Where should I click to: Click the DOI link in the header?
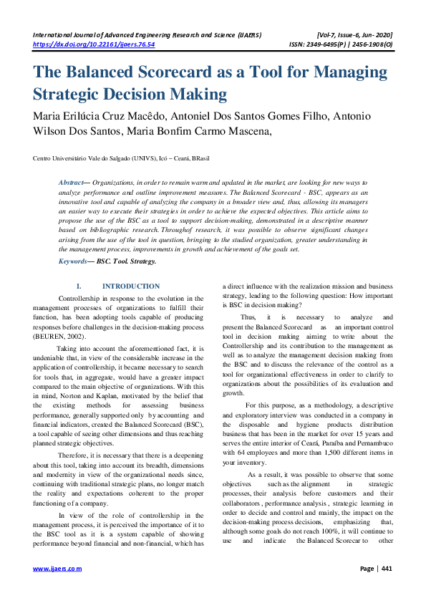click(x=95, y=44)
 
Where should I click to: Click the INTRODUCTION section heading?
click(x=131, y=286)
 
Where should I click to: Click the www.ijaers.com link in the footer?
click(x=58, y=569)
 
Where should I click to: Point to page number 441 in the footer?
click(x=387, y=569)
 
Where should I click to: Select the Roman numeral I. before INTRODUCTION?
click(x=79, y=286)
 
